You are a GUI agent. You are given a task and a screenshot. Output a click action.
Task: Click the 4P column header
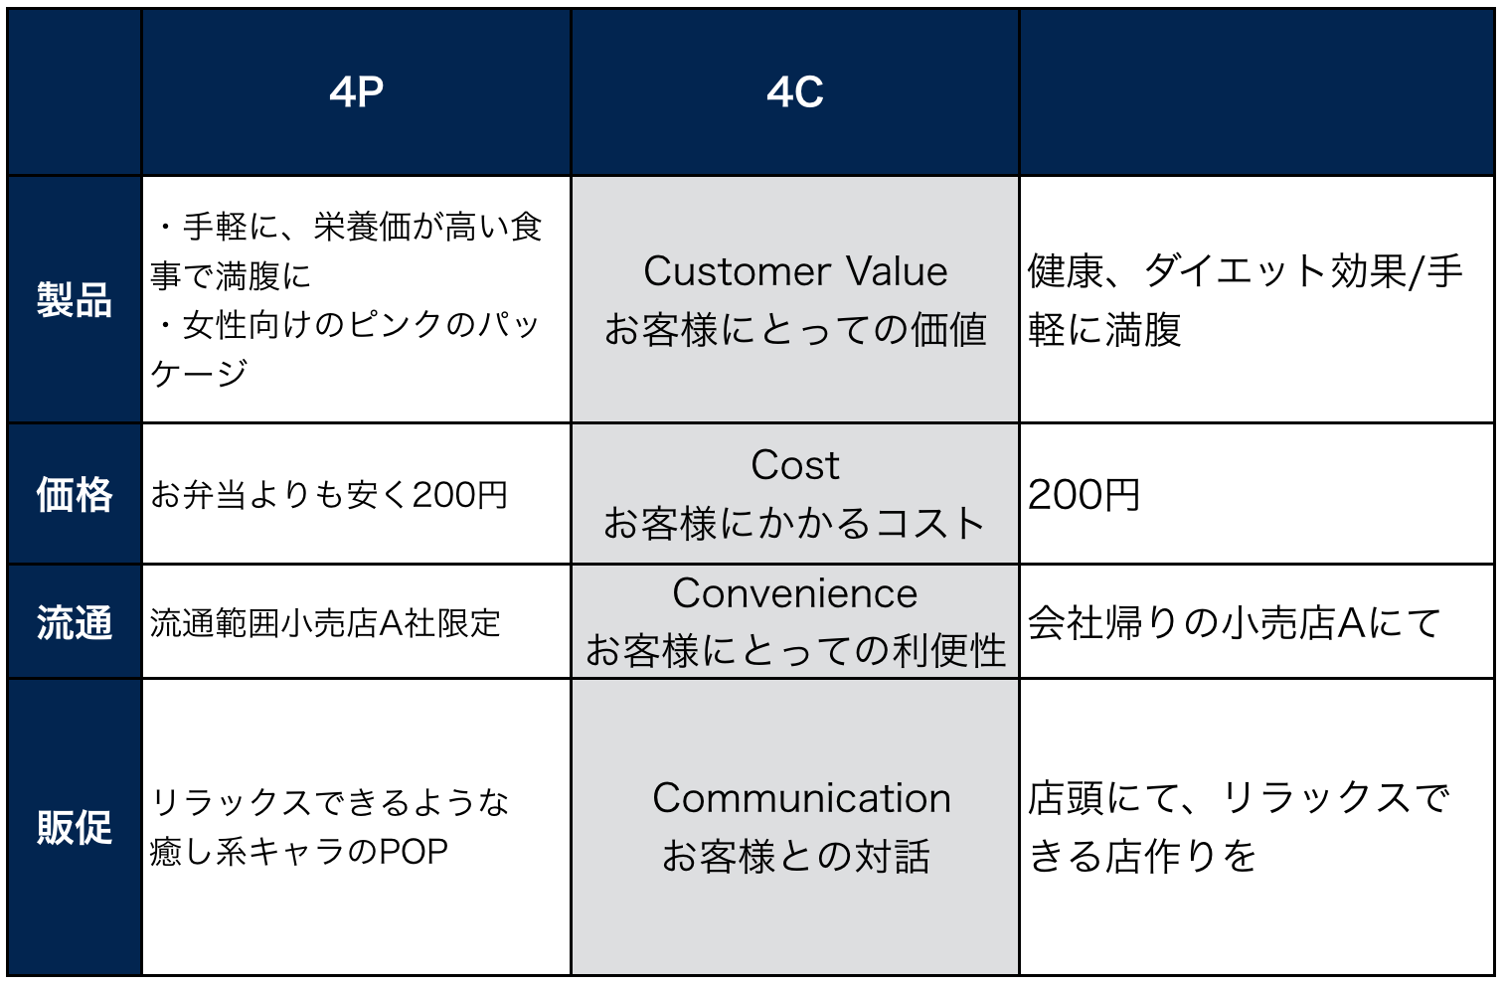point(356,92)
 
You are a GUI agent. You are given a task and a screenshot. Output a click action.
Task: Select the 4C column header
point(794,92)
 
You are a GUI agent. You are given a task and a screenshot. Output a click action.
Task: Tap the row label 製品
point(75,299)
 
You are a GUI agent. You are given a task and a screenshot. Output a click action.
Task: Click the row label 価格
point(75,494)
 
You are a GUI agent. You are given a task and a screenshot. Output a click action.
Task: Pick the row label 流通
point(75,623)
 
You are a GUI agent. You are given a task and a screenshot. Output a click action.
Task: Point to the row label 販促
point(75,827)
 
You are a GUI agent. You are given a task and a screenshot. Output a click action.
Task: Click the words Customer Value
point(795,271)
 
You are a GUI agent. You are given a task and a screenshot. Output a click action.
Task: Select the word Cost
point(795,465)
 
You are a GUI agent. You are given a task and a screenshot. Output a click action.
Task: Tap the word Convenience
point(795,593)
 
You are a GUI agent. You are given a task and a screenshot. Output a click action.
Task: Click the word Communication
point(801,798)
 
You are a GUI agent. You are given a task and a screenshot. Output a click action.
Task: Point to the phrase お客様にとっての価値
point(795,330)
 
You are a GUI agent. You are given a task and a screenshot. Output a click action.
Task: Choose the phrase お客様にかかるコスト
point(794,524)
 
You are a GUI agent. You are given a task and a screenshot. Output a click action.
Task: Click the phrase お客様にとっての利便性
point(795,651)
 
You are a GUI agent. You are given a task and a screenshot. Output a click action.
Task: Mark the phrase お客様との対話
point(795,856)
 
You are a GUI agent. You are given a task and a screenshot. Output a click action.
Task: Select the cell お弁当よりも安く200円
point(329,494)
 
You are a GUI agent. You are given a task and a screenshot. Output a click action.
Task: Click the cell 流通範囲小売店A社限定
point(325,623)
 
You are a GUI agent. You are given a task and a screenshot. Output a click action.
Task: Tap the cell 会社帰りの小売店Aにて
point(1235,623)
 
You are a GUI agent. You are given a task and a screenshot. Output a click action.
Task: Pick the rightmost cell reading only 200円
point(1084,494)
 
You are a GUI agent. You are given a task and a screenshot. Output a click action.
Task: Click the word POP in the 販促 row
point(414,852)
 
